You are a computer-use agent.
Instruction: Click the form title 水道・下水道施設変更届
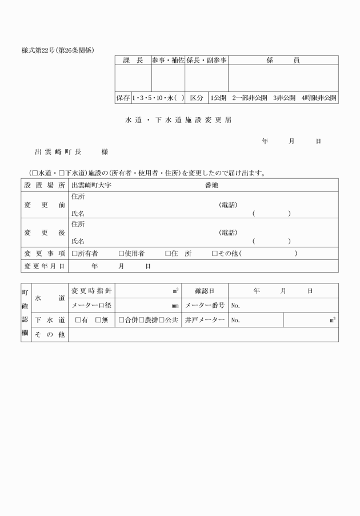178,121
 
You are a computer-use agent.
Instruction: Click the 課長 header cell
133,60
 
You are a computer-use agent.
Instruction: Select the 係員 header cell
283,60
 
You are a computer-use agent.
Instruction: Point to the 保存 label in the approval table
123,98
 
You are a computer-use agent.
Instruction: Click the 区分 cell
197,98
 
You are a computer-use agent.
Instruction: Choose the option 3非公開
284,98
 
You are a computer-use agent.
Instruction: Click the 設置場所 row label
45,186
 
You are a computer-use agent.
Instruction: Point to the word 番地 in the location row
211,186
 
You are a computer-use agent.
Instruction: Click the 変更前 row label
45,205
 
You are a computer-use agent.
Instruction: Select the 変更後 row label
45,233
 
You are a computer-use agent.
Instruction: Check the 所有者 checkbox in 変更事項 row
74,253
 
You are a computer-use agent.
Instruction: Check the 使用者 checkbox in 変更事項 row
121,253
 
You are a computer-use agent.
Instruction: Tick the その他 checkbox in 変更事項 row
214,253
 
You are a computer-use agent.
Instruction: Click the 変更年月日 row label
45,266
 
